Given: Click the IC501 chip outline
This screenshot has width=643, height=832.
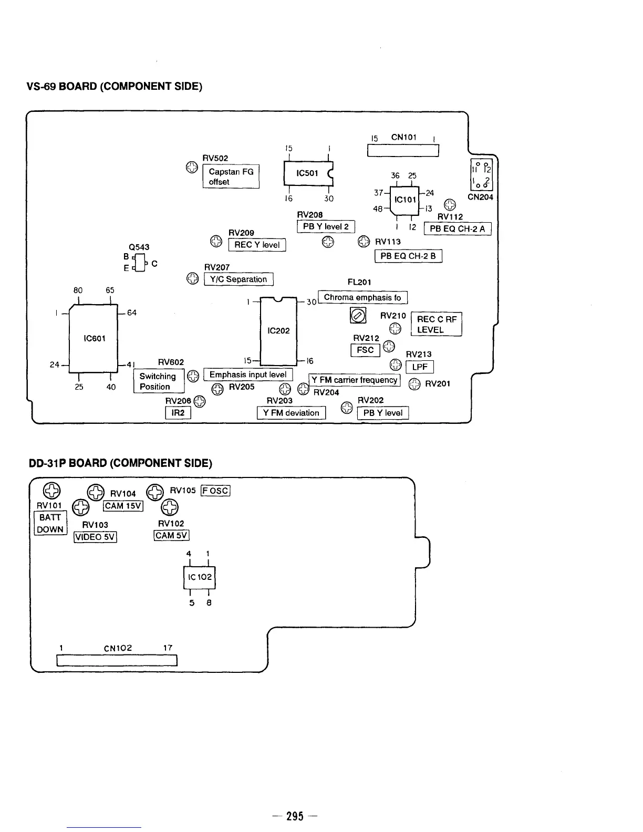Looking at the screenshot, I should tap(308, 173).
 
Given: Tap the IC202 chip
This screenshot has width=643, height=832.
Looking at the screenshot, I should tap(278, 331).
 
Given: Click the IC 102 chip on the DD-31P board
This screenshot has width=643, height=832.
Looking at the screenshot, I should tap(199, 577).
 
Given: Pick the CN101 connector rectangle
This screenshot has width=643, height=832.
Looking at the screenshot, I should tap(403, 151).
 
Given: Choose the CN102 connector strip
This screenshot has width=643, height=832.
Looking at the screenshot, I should tap(117, 660).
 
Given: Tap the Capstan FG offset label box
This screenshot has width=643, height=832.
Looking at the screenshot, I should tap(231, 176).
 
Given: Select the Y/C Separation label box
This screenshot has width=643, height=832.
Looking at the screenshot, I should tap(238, 279).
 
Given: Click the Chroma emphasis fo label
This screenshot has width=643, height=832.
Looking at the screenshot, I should tap(362, 297).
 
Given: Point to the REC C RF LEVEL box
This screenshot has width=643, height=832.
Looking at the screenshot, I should tap(436, 325).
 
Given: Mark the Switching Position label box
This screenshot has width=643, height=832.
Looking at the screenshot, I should tap(158, 381).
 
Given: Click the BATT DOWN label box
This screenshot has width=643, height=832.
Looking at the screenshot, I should tap(50, 523).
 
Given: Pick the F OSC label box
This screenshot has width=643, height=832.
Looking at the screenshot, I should tap(215, 491).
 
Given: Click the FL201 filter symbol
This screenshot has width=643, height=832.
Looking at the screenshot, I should tap(358, 316).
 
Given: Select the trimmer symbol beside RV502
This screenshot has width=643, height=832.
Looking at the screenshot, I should tap(192, 168).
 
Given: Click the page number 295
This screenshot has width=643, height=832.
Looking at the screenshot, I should tap(295, 816).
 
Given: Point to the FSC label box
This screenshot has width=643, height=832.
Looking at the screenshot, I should tap(365, 350).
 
